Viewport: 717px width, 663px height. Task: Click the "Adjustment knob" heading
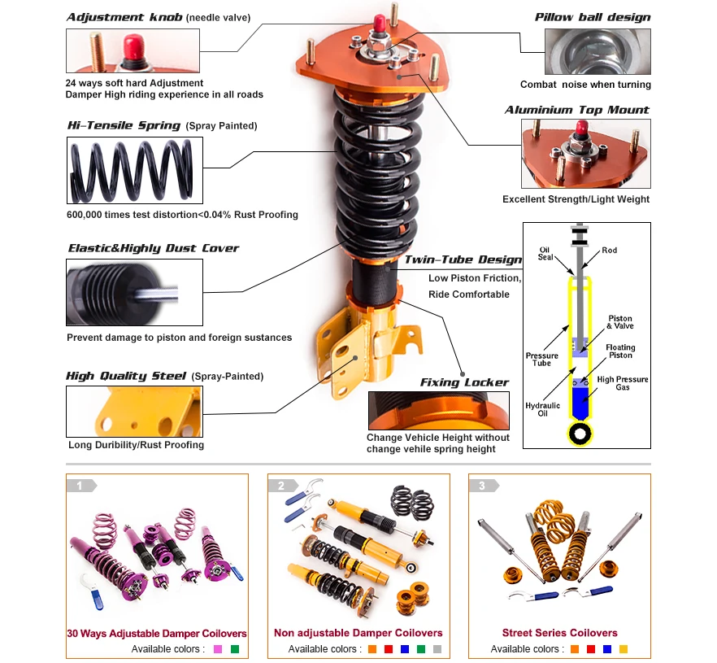(124, 16)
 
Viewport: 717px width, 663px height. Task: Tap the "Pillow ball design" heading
(593, 16)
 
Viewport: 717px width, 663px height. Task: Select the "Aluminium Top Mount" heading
(577, 110)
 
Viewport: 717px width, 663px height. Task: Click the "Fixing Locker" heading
(464, 382)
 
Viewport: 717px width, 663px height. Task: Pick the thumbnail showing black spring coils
(133, 170)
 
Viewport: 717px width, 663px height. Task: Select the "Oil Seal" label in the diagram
(546, 254)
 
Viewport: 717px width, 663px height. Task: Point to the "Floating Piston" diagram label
(620, 351)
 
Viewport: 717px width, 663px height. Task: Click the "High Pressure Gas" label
(623, 383)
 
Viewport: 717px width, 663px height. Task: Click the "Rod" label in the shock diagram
(610, 250)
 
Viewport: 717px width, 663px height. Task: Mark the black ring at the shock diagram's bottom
(580, 434)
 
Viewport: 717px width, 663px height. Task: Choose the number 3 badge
(483, 486)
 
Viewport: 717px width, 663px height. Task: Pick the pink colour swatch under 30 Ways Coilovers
(217, 649)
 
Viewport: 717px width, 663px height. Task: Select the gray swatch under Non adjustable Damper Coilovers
(437, 649)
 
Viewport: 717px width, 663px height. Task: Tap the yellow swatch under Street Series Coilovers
(624, 649)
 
